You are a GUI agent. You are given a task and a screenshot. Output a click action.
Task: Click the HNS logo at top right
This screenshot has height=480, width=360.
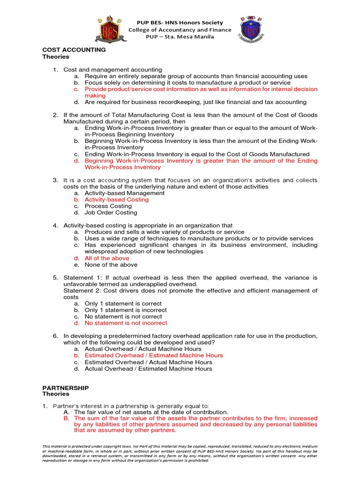pyautogui.click(x=250, y=29)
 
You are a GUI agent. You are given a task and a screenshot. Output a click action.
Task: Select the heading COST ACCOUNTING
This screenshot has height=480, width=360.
pyautogui.click(x=74, y=49)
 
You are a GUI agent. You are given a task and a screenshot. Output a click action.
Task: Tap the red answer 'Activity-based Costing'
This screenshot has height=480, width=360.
pyautogui.click(x=116, y=199)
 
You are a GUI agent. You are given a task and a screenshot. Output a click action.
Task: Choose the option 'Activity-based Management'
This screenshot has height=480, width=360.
pyautogui.click(x=124, y=193)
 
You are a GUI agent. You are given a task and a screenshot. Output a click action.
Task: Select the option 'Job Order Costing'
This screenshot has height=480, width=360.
pyautogui.click(x=111, y=212)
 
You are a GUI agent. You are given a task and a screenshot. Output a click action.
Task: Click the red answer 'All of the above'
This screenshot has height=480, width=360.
pyautogui.click(x=107, y=258)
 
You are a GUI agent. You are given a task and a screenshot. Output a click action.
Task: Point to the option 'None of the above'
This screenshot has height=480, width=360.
pyautogui.click(x=111, y=264)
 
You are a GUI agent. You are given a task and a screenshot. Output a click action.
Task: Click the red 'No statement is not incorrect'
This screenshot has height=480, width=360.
pyautogui.click(x=126, y=322)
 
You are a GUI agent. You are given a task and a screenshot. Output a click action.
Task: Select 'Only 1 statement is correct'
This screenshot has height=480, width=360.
pyautogui.click(x=123, y=303)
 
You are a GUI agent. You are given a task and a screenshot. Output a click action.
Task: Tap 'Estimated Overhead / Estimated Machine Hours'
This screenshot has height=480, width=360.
pyautogui.click(x=154, y=355)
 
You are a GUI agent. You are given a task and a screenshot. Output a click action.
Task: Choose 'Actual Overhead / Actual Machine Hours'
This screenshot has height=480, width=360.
pyautogui.click(x=145, y=349)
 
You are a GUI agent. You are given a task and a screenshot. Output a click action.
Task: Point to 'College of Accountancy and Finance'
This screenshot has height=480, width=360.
pyautogui.click(x=180, y=30)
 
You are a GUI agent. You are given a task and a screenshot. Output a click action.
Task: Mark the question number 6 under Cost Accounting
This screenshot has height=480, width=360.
pyautogui.click(x=55, y=336)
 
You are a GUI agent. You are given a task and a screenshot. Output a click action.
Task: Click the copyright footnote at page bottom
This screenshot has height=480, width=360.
pyautogui.click(x=180, y=453)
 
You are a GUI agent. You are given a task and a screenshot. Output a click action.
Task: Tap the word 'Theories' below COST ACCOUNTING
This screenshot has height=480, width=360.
pyautogui.click(x=56, y=57)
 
